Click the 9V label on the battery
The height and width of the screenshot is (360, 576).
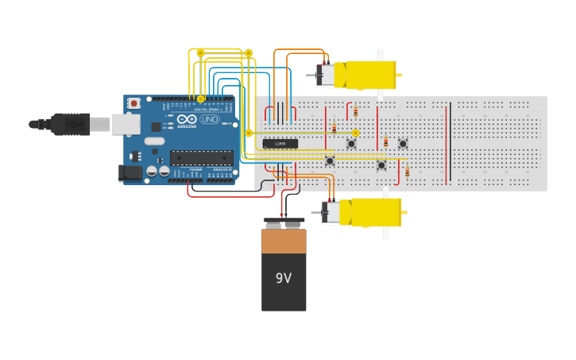click(x=284, y=278)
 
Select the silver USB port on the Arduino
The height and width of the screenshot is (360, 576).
click(x=126, y=124)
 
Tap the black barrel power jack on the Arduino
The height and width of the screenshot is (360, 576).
click(x=130, y=172)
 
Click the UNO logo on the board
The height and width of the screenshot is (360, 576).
click(x=210, y=119)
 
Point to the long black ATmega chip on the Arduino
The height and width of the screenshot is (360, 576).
click(x=201, y=157)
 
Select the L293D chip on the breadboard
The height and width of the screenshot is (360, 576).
click(x=280, y=143)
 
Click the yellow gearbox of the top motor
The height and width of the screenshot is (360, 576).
click(x=366, y=75)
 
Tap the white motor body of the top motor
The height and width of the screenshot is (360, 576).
click(x=327, y=75)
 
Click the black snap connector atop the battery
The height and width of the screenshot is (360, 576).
click(x=284, y=223)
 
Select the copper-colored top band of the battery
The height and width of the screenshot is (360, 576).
click(x=284, y=241)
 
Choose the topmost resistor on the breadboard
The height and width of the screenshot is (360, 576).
click(x=356, y=111)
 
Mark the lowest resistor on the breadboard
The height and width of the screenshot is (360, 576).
click(x=408, y=172)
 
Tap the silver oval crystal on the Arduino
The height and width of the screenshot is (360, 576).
click(x=154, y=141)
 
